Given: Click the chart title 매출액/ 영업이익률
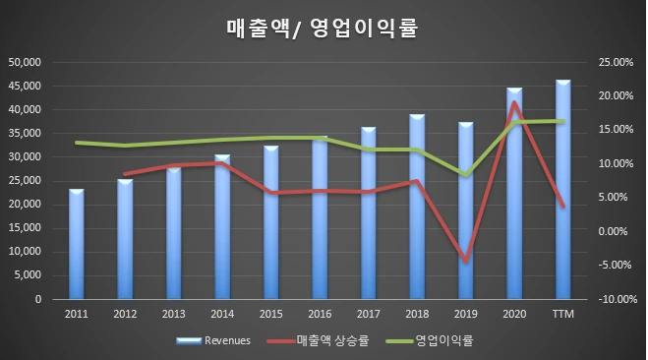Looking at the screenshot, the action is [322, 29].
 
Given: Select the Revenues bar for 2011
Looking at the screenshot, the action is [77, 244].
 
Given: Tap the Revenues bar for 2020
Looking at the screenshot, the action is [514, 193].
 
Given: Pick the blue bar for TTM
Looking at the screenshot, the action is [563, 189].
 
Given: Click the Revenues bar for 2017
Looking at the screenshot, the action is [369, 212].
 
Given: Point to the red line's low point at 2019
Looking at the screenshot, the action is [466, 262].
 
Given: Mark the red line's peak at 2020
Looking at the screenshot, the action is [514, 102].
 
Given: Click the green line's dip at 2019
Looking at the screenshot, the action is [466, 175].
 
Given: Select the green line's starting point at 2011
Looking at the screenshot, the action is [77, 143].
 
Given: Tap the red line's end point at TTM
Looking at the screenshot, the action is [562, 206].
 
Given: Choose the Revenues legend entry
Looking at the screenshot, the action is [213, 340].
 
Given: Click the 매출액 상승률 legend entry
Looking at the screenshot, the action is [318, 340].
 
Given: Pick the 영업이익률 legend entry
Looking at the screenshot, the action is [430, 340].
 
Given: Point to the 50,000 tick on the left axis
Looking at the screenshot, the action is [25, 62].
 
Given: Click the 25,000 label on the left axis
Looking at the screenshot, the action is [25, 181].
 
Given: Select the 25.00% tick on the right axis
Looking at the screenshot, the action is [616, 62].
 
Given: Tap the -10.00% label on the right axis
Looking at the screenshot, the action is [618, 299].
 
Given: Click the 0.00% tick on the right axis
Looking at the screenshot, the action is [613, 231].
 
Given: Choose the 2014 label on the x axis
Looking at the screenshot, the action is [222, 314].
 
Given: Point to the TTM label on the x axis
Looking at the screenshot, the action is [563, 314].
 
